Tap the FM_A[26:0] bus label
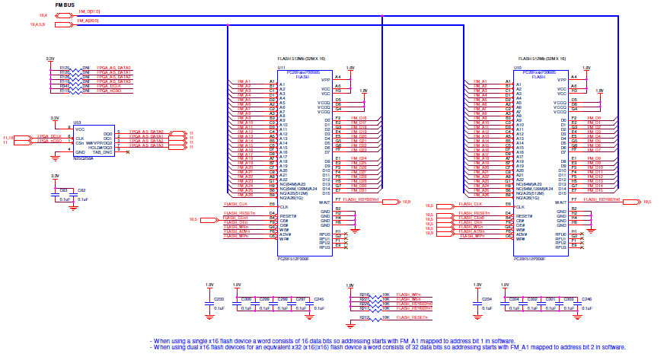click(x=88, y=21)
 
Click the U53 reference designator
click(x=77, y=122)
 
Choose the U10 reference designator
click(x=518, y=68)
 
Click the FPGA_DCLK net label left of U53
click(x=49, y=136)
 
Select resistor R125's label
click(x=65, y=67)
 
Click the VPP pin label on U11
click(x=326, y=79)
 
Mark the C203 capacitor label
click(x=219, y=299)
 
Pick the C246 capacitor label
click(x=586, y=299)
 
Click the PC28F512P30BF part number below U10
click(x=537, y=258)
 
